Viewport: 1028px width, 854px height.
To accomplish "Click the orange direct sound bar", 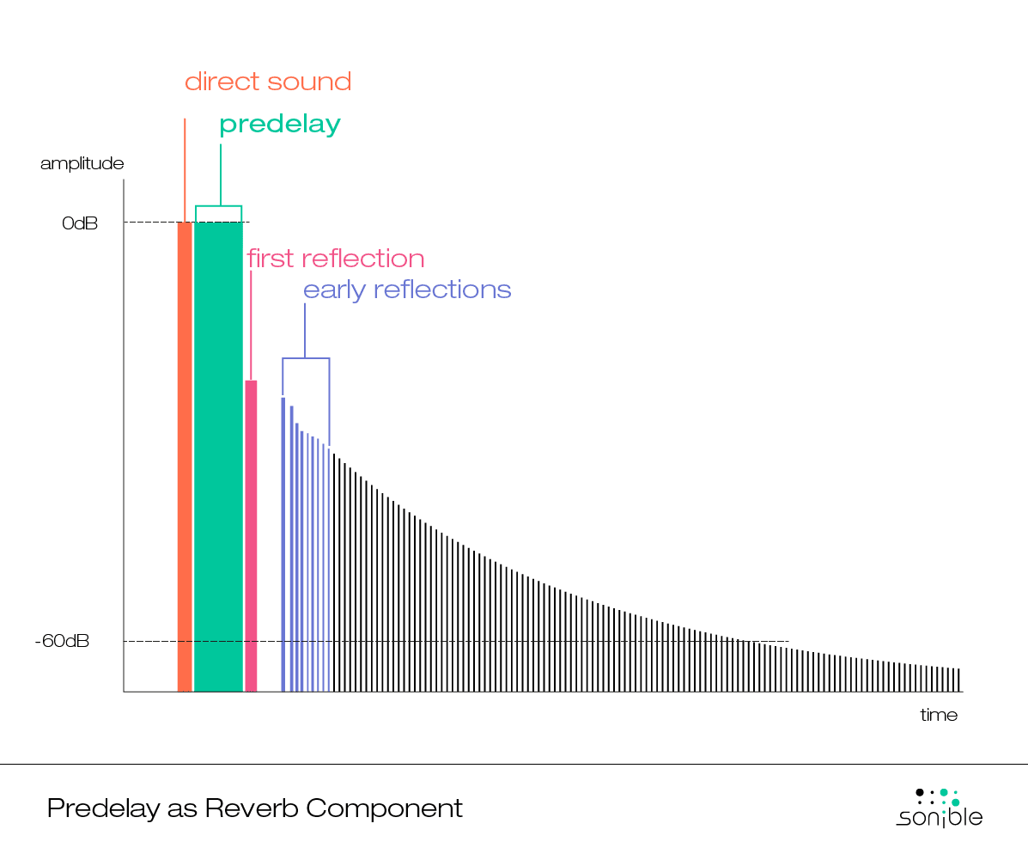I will (x=185, y=455).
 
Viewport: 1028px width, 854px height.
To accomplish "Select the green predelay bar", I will (x=218, y=455).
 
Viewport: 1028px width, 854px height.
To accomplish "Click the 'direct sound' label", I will (x=268, y=82).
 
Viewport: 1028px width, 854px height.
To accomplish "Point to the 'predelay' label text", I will (x=280, y=125).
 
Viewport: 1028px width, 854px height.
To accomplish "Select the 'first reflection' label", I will (x=336, y=259).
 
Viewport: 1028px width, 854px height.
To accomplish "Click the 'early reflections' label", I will (x=407, y=290).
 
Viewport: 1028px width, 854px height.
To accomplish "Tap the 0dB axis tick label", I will (x=80, y=223).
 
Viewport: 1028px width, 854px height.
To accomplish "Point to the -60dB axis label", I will (x=62, y=642).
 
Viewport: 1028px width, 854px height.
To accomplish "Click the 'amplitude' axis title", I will (x=82, y=163).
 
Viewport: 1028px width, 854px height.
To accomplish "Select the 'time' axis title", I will (x=939, y=715).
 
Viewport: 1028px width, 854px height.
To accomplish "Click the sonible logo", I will (x=940, y=808).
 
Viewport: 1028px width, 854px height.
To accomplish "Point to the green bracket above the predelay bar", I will (x=218, y=207).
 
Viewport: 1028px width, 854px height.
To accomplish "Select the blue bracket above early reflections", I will (x=306, y=358).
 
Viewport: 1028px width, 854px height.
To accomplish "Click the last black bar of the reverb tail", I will (x=958, y=680).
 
